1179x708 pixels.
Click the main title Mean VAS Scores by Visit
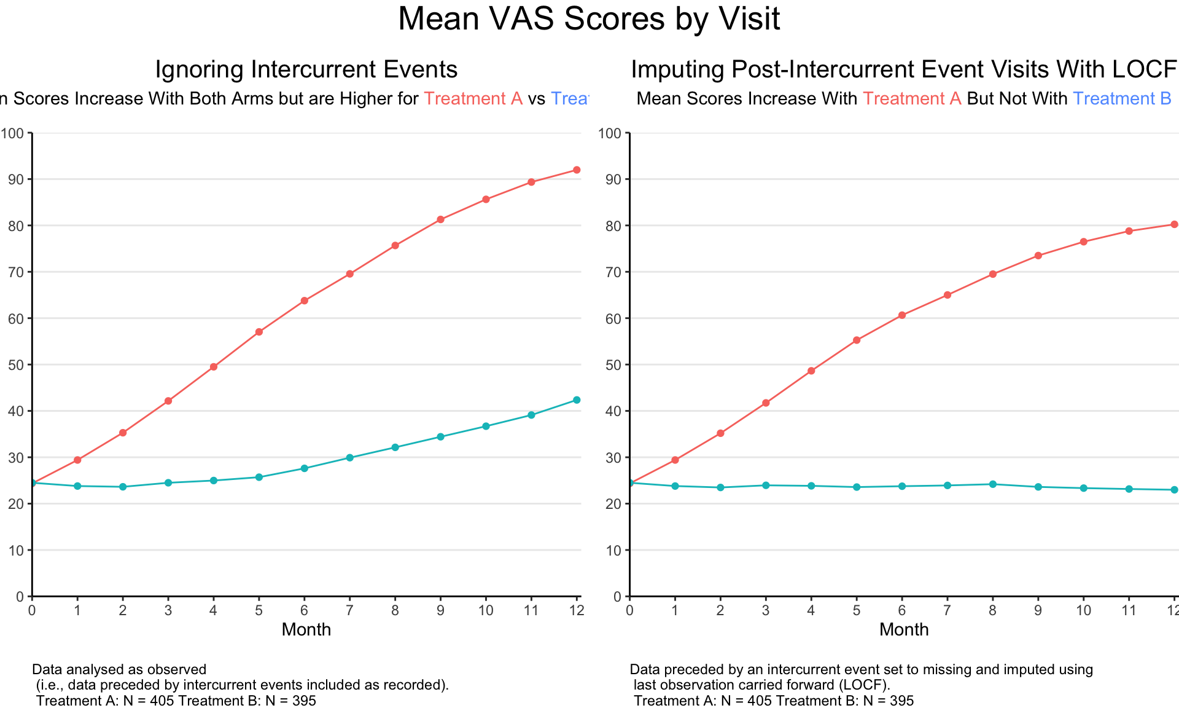point(589,19)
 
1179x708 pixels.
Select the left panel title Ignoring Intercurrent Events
point(306,69)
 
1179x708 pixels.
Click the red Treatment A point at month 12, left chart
point(577,170)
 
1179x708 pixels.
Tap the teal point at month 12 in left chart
point(577,400)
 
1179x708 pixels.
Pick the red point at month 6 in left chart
point(304,301)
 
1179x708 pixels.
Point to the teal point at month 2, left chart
point(123,487)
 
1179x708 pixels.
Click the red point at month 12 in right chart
point(1174,224)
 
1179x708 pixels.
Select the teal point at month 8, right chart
point(993,484)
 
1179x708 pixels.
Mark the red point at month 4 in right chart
point(811,371)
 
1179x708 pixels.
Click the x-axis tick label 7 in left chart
point(349,610)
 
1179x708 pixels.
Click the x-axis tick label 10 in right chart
point(1083,610)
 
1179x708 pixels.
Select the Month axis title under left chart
point(306,630)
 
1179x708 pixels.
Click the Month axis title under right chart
point(903,630)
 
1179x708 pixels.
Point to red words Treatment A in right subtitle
point(912,99)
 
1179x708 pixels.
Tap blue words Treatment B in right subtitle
point(1122,99)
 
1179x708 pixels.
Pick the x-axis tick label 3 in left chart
point(168,610)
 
